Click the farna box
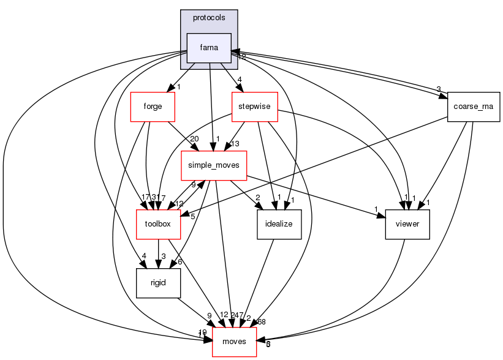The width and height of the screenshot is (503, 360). click(x=209, y=48)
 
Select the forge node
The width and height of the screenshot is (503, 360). click(x=153, y=107)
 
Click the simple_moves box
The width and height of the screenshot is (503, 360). click(x=213, y=165)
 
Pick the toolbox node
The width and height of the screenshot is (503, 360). click(x=157, y=224)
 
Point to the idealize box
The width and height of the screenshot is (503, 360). click(x=279, y=224)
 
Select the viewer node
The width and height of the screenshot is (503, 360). click(x=407, y=224)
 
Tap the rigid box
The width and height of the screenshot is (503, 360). click(x=158, y=283)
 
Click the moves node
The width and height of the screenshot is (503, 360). click(x=234, y=341)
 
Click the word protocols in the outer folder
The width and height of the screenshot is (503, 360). click(x=209, y=18)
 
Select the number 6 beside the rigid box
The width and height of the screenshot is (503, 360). click(x=180, y=262)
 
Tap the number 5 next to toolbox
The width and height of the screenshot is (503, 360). click(x=192, y=216)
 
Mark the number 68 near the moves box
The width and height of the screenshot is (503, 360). click(x=262, y=322)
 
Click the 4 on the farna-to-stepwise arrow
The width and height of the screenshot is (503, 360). click(x=240, y=79)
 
